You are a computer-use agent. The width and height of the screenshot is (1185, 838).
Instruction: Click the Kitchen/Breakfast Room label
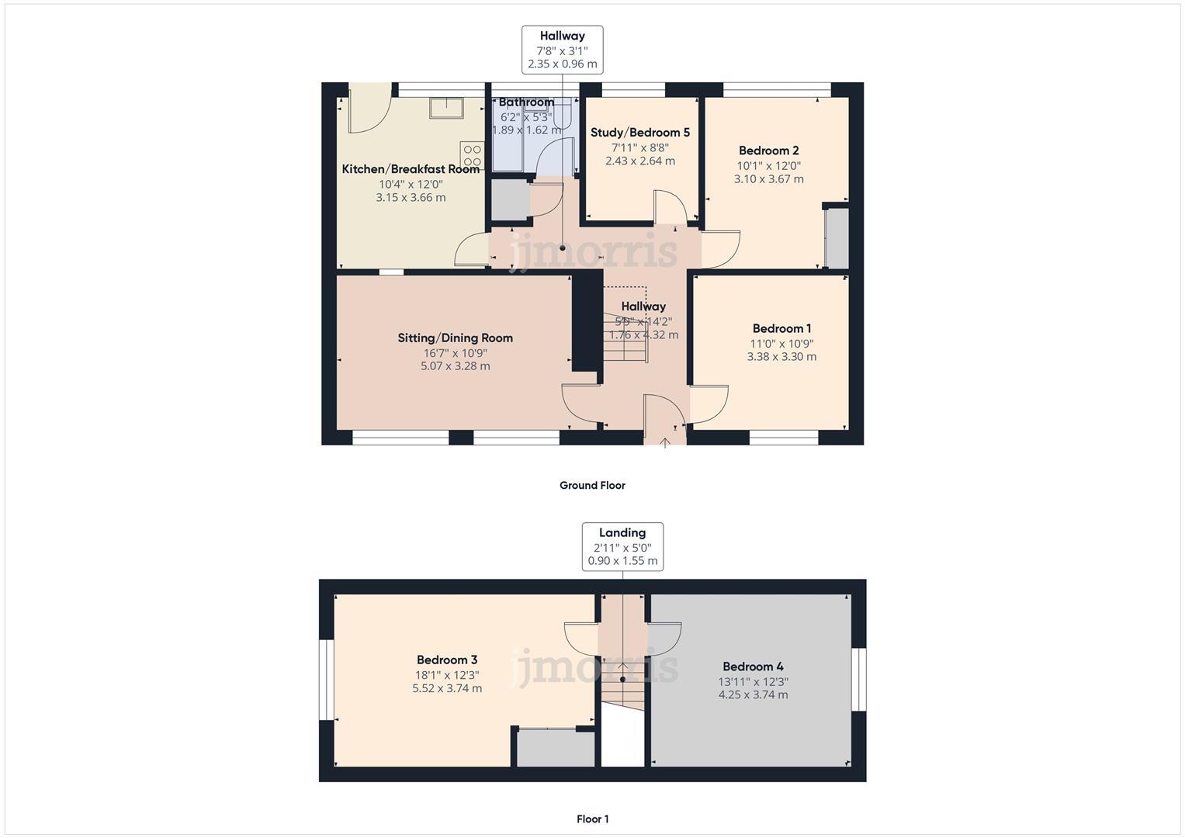point(411,169)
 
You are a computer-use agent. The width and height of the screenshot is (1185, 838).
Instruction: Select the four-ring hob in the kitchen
point(472,156)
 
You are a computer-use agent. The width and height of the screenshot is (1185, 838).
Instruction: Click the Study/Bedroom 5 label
point(639,133)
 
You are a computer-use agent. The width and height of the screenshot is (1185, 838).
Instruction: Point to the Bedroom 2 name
point(768,151)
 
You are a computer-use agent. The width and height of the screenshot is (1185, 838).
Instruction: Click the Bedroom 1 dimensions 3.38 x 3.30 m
point(781,357)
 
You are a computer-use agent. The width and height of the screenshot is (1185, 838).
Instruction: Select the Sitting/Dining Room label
point(455,338)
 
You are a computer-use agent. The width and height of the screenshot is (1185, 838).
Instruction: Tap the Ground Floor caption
point(592,486)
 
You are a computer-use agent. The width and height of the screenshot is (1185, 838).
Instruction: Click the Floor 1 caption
point(592,819)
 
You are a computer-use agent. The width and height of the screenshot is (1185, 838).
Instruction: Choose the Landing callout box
point(622,546)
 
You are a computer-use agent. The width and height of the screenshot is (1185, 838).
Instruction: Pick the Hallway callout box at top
point(562,50)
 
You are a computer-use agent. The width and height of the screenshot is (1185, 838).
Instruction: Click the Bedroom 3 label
point(447,660)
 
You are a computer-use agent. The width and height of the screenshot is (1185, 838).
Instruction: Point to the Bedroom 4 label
point(753,667)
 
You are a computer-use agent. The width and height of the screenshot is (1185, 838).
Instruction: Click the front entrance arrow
point(665,442)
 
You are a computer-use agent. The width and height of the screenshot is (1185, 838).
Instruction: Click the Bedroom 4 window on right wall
point(858,679)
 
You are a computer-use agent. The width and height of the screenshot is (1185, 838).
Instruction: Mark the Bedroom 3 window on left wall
point(327,680)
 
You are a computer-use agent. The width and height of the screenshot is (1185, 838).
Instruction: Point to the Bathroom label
point(526,102)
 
